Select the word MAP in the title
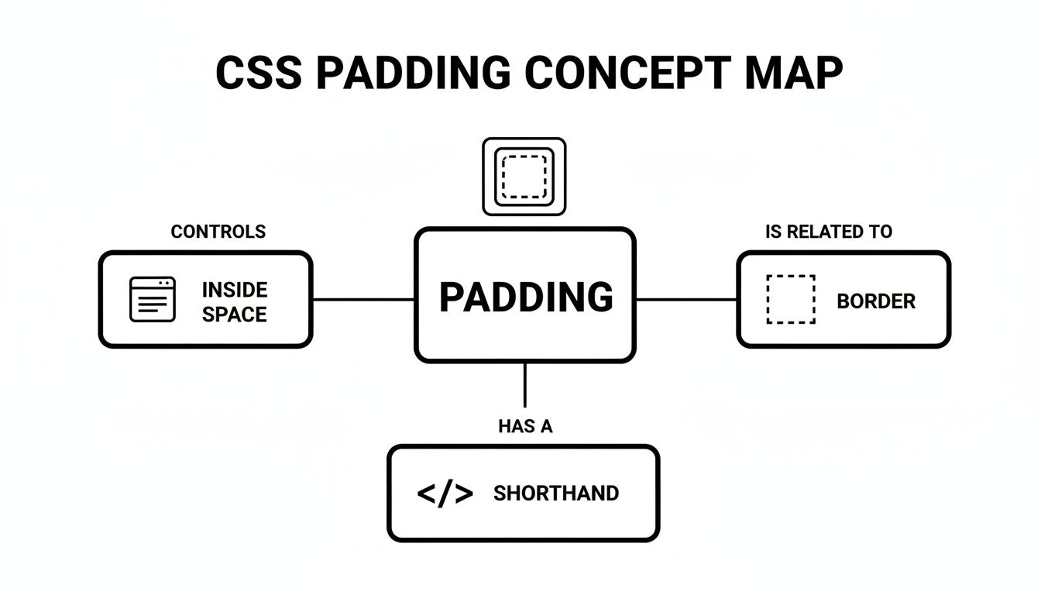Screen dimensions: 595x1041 tap(791, 74)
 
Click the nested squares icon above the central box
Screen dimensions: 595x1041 tap(524, 177)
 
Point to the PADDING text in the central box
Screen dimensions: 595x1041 tap(526, 297)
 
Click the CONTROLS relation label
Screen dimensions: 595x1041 tap(218, 232)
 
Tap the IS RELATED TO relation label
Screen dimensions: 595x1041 tap(828, 232)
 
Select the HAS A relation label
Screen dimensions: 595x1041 tap(525, 426)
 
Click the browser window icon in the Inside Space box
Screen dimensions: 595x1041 tap(152, 299)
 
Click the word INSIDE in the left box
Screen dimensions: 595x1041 tap(235, 290)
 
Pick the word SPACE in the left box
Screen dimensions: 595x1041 tap(235, 315)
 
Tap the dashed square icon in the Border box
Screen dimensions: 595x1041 tap(790, 299)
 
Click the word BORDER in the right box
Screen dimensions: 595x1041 tap(876, 301)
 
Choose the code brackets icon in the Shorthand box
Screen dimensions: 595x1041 tap(445, 494)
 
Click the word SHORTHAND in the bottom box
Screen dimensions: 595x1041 tap(555, 494)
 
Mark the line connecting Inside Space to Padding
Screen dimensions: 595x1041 tap(362, 299)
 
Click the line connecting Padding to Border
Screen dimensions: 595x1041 tap(685, 299)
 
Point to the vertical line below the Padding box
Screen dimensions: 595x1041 tap(525, 385)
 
